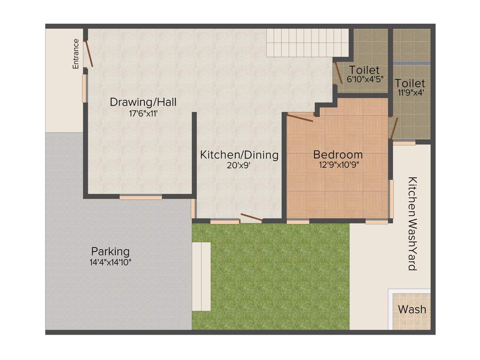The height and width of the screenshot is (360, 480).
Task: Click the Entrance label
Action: coord(76,54)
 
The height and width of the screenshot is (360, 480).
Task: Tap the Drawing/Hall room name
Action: coord(143,102)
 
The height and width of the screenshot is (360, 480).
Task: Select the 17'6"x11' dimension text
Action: coord(143,113)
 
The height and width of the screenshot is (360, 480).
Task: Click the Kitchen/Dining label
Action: coord(239,155)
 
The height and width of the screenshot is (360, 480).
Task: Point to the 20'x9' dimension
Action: coord(240,165)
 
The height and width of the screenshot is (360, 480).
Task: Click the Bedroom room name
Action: coord(338,154)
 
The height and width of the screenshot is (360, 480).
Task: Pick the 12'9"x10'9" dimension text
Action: coord(338,165)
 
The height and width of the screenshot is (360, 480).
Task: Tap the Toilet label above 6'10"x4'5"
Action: coord(364,70)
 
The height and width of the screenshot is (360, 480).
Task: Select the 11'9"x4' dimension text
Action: coord(411,93)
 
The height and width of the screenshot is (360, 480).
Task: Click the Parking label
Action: coord(111,252)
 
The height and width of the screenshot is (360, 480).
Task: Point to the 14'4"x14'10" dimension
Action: coord(111,262)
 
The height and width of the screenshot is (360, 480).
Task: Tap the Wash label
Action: coord(412,309)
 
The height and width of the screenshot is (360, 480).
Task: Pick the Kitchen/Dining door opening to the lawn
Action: coord(251,218)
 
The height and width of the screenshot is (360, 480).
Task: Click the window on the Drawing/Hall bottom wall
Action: coord(141,197)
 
